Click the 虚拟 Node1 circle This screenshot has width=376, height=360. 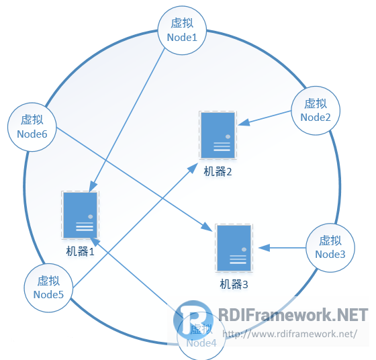(182, 32)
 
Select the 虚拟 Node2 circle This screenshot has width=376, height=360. (316, 110)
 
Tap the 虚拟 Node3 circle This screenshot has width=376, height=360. (330, 247)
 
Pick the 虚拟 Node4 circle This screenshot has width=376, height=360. (201, 336)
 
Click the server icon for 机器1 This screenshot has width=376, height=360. (81, 214)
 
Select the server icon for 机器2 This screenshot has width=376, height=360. (218, 135)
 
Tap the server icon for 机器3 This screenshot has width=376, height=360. (234, 248)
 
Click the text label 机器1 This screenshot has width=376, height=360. (81, 252)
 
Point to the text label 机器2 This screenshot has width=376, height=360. (218, 172)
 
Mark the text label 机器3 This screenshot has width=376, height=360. (234, 285)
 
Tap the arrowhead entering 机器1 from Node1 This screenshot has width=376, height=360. (93, 186)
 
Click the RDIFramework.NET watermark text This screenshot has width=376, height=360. (293, 315)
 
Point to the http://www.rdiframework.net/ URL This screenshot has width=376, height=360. (289, 333)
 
